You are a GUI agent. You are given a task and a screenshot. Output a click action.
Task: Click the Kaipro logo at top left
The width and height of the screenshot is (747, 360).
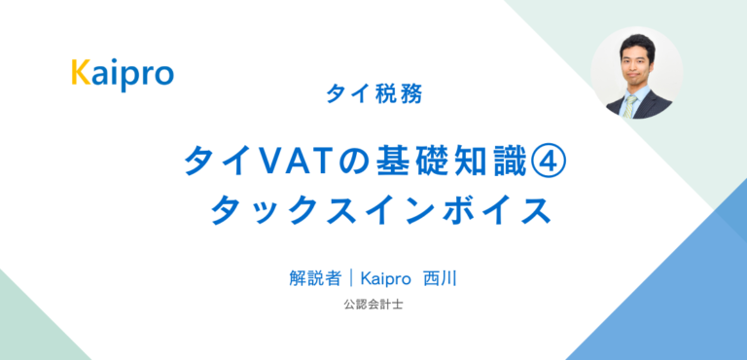(122, 73)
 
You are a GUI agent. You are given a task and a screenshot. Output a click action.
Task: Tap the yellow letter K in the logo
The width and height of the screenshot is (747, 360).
(81, 73)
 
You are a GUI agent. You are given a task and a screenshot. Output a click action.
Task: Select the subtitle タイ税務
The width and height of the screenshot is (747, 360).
(374, 96)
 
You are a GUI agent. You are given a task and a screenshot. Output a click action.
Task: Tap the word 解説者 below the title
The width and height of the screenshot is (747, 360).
(314, 278)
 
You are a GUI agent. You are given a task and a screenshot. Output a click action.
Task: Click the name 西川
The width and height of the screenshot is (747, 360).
(442, 278)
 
